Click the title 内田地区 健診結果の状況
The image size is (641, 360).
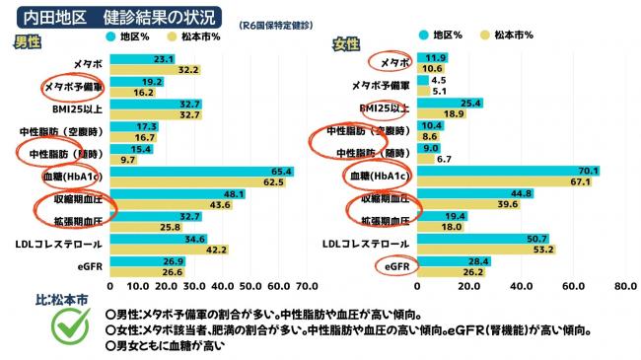coord(119,17)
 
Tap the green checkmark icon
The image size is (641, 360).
coord(71,326)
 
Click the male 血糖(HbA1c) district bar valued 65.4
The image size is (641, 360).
coord(202,172)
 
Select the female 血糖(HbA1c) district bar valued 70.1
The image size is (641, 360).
coord(508,171)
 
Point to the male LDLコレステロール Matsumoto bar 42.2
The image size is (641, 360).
coord(170,250)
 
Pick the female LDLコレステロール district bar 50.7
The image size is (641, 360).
coord(483,239)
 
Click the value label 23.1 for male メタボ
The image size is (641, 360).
coord(164,59)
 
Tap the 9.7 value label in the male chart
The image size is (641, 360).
coord(128,160)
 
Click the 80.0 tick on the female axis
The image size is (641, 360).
coord(625,286)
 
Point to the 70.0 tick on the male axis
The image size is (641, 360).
coord(307,286)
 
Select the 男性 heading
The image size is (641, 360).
coord(28,42)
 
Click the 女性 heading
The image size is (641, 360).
coord(346,44)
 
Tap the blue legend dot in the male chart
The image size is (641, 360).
coord(110,36)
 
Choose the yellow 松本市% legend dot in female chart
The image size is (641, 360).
coord(485,36)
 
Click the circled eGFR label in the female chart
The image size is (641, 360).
coord(397,266)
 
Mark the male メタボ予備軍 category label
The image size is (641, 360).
coord(73,87)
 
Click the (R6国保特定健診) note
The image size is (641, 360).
coord(276,26)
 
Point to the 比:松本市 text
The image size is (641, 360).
coord(62,300)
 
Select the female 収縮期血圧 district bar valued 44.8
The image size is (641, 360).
coord(475,193)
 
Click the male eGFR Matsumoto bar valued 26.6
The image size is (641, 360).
coord(147,272)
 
